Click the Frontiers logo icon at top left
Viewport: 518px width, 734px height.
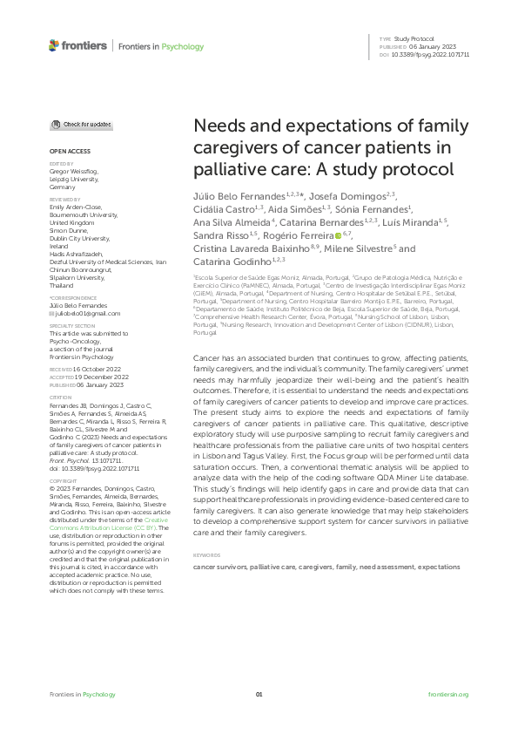pyautogui.click(x=55, y=44)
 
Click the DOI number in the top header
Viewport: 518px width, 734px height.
pyautogui.click(x=432, y=54)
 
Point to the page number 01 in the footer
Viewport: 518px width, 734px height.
pyautogui.click(x=259, y=695)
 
